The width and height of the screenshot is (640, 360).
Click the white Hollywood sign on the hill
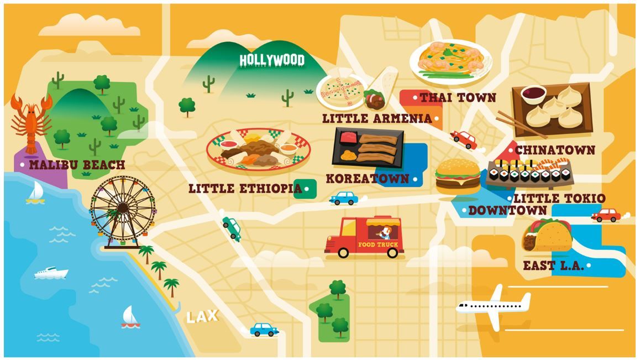(x=271, y=60)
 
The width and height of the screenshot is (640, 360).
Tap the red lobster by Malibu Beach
(x=31, y=122)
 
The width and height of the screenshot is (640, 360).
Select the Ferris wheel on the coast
(x=122, y=210)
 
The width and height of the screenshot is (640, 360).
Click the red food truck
(x=365, y=237)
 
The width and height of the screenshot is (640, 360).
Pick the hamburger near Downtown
(x=458, y=175)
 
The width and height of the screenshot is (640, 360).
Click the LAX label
(x=202, y=317)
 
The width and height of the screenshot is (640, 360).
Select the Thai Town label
(x=458, y=98)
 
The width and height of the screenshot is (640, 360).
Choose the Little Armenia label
(x=377, y=118)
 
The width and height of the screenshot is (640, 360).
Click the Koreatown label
(x=368, y=179)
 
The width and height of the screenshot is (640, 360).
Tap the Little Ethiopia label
(x=245, y=189)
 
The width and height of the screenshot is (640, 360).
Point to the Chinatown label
(x=555, y=150)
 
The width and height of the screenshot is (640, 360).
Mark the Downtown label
(x=507, y=210)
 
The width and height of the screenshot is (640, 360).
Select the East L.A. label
(x=553, y=265)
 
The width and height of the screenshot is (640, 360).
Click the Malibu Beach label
(x=77, y=165)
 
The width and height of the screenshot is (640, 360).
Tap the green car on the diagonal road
(x=232, y=227)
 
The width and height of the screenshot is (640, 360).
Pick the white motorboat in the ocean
(x=51, y=273)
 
